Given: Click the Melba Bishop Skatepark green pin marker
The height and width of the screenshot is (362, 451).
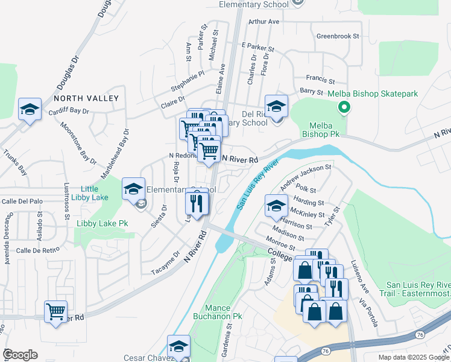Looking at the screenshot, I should point(344,108).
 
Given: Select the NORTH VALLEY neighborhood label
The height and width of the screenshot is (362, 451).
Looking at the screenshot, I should point(86,98).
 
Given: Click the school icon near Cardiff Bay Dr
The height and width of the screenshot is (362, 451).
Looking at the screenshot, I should point(30,110).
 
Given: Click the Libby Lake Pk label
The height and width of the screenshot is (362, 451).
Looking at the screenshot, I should point(102,223).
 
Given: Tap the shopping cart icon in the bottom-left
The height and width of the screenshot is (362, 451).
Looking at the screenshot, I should point(56,312).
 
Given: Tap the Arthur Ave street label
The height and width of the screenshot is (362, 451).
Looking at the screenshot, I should point(264,21).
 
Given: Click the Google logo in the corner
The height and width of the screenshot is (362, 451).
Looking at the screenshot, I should point(20,355).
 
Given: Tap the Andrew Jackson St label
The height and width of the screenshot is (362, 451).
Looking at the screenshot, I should point(306,174).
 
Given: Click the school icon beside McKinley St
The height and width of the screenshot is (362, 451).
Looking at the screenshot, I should point(276,207).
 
